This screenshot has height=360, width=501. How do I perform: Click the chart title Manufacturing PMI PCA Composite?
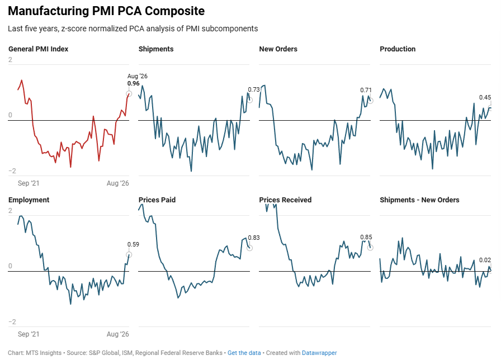click(x=106, y=11)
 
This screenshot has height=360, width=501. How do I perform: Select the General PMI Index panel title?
click(x=39, y=49)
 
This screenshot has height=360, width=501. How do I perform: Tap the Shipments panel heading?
click(x=156, y=49)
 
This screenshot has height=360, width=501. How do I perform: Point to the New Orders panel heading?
click(x=278, y=49)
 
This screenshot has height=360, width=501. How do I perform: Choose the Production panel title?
click(x=398, y=49)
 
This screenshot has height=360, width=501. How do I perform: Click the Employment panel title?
click(x=29, y=200)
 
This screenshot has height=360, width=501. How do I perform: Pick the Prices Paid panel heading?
click(x=157, y=200)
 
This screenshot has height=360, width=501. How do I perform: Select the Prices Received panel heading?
click(x=285, y=200)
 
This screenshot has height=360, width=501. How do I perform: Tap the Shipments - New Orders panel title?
click(x=419, y=200)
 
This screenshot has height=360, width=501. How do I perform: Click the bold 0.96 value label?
click(x=133, y=83)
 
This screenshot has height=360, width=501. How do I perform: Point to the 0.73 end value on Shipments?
click(x=254, y=89)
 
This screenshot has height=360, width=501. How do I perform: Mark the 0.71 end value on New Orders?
click(x=366, y=90)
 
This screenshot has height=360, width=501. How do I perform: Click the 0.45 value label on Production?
click(x=485, y=97)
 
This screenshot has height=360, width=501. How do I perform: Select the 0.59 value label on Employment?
click(x=133, y=244)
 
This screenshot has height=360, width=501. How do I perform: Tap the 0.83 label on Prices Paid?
click(x=254, y=238)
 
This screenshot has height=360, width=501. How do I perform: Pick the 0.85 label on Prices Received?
click(x=366, y=237)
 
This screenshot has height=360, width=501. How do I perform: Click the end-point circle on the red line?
click(x=129, y=94)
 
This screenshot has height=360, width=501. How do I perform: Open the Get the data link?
click(x=244, y=353)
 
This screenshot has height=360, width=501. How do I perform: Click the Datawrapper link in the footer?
click(x=319, y=353)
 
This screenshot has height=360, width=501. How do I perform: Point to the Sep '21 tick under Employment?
click(x=29, y=334)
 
